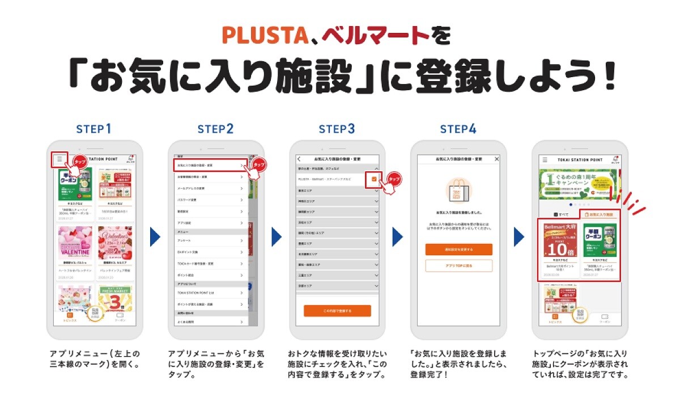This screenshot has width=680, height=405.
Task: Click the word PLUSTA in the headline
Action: tap(265, 35)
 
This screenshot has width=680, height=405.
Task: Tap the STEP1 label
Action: tap(94, 129)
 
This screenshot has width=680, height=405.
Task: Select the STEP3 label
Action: tap(337, 129)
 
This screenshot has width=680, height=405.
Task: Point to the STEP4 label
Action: tap(458, 129)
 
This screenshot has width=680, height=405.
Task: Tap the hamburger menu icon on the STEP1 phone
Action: tap(59, 159)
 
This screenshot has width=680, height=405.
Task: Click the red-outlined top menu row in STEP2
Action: tap(210, 165)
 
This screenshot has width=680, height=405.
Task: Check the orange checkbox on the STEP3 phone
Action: tap(374, 179)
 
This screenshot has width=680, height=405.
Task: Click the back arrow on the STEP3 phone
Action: tap(299, 159)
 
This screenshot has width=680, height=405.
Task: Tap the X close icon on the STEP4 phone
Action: tap(497, 159)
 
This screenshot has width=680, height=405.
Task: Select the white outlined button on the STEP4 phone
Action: tap(458, 265)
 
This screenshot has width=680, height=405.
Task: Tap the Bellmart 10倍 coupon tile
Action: tap(558, 248)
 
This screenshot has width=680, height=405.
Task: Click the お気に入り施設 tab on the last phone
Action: tap(599, 215)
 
